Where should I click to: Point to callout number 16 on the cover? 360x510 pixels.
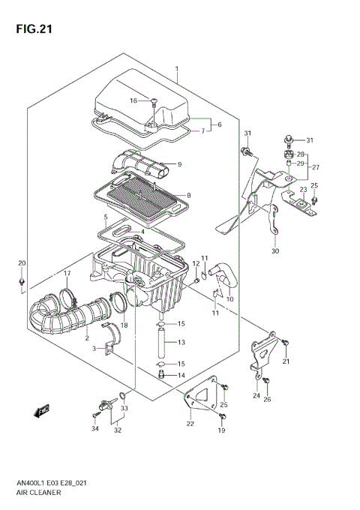click(x=133, y=100)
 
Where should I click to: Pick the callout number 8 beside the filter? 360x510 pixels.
click(x=188, y=196)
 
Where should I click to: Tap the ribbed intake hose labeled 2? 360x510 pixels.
click(x=64, y=315)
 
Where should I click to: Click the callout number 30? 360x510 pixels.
click(x=274, y=250)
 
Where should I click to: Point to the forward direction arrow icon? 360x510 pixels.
click(x=41, y=409)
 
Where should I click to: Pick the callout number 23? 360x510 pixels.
click(x=303, y=189)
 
